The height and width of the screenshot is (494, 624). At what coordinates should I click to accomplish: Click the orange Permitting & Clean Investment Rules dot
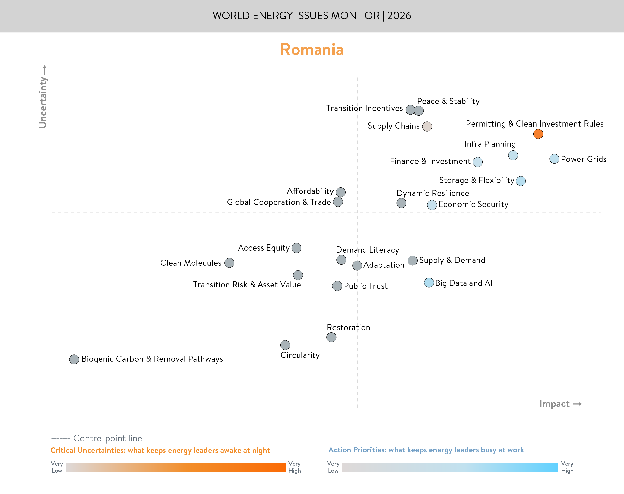tap(538, 134)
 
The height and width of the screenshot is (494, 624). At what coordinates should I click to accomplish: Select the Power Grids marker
tap(554, 159)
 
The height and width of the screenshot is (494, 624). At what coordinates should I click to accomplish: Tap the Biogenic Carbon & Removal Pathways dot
tap(74, 359)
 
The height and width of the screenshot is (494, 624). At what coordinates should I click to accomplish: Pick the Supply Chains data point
tap(427, 126)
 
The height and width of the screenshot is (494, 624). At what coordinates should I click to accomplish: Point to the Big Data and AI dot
tap(429, 282)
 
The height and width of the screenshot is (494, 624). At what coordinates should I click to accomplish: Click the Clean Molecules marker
tap(229, 263)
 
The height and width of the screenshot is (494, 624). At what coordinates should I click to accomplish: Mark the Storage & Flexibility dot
tap(521, 181)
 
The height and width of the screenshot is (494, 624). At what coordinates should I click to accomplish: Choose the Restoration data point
tap(331, 337)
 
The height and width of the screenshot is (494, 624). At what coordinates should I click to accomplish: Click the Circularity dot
tap(285, 345)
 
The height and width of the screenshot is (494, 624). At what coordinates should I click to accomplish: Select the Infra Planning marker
tap(513, 155)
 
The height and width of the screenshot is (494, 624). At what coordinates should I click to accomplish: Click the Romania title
tap(312, 50)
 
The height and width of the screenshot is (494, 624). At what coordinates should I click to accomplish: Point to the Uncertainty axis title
tap(43, 102)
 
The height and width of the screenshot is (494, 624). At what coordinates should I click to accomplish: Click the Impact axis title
tap(554, 404)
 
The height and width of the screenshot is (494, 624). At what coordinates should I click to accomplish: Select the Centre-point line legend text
tap(108, 438)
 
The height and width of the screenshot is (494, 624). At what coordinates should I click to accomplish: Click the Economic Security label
tap(473, 204)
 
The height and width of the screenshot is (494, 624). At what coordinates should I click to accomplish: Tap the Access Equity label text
tap(264, 248)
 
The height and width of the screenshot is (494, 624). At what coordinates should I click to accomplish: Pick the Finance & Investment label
tap(430, 161)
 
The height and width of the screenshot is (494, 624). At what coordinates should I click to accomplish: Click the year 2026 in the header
tap(399, 16)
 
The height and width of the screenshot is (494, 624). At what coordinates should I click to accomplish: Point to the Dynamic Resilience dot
tap(401, 203)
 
